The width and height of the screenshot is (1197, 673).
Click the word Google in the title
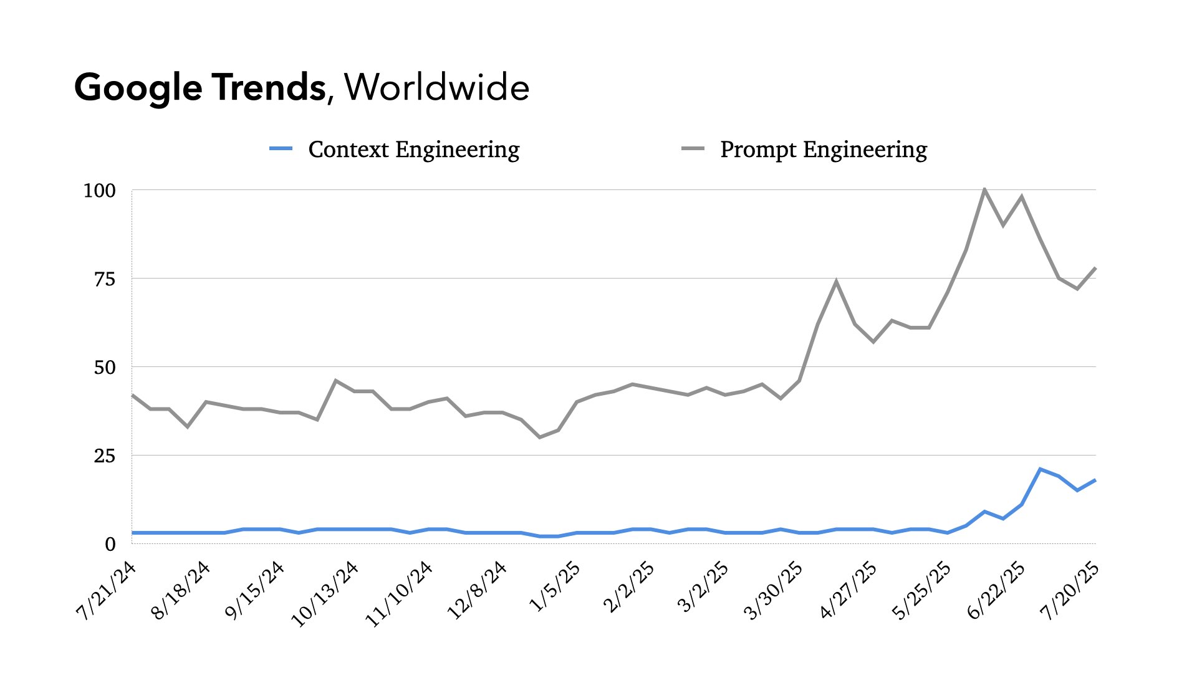(x=138, y=87)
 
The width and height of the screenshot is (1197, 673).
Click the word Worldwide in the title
(x=436, y=87)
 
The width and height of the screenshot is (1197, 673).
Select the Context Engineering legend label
(x=414, y=150)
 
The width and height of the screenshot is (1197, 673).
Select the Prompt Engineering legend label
(x=824, y=150)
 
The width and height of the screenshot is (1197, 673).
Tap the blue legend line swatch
(x=281, y=149)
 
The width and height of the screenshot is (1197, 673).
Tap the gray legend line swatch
(x=693, y=149)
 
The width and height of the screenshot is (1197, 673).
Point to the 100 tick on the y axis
(x=100, y=191)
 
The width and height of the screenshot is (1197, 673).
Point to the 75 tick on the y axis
(x=105, y=279)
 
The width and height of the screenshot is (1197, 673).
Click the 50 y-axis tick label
(x=105, y=368)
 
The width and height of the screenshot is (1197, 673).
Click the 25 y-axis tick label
(x=105, y=456)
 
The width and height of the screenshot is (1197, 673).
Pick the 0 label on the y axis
(x=110, y=545)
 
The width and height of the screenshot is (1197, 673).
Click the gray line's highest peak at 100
(x=984, y=189)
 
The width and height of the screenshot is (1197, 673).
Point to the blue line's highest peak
(x=1040, y=469)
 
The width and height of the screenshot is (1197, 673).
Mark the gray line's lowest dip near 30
(x=539, y=437)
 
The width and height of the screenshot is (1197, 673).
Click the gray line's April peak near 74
(x=836, y=282)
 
